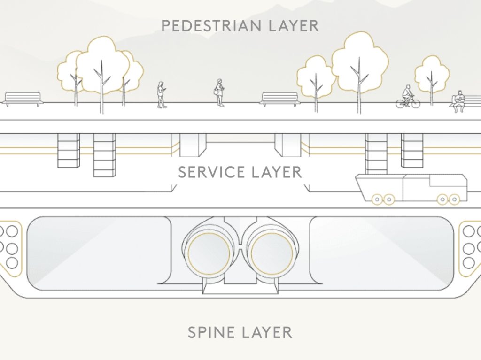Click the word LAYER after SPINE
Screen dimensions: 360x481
(x=267, y=332)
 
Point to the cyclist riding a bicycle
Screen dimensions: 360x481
(x=407, y=97)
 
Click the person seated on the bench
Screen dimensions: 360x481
(x=458, y=101)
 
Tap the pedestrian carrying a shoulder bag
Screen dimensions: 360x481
(x=219, y=93)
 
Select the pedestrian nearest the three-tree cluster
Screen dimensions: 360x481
(x=162, y=95)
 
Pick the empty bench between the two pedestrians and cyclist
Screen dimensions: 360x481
(x=280, y=99)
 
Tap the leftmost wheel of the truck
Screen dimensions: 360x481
(x=377, y=199)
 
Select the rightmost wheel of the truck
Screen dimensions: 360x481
(x=454, y=199)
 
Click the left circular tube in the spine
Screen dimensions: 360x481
(x=209, y=253)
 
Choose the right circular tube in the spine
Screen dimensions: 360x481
(x=272, y=253)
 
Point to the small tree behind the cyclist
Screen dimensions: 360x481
(x=432, y=75)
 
